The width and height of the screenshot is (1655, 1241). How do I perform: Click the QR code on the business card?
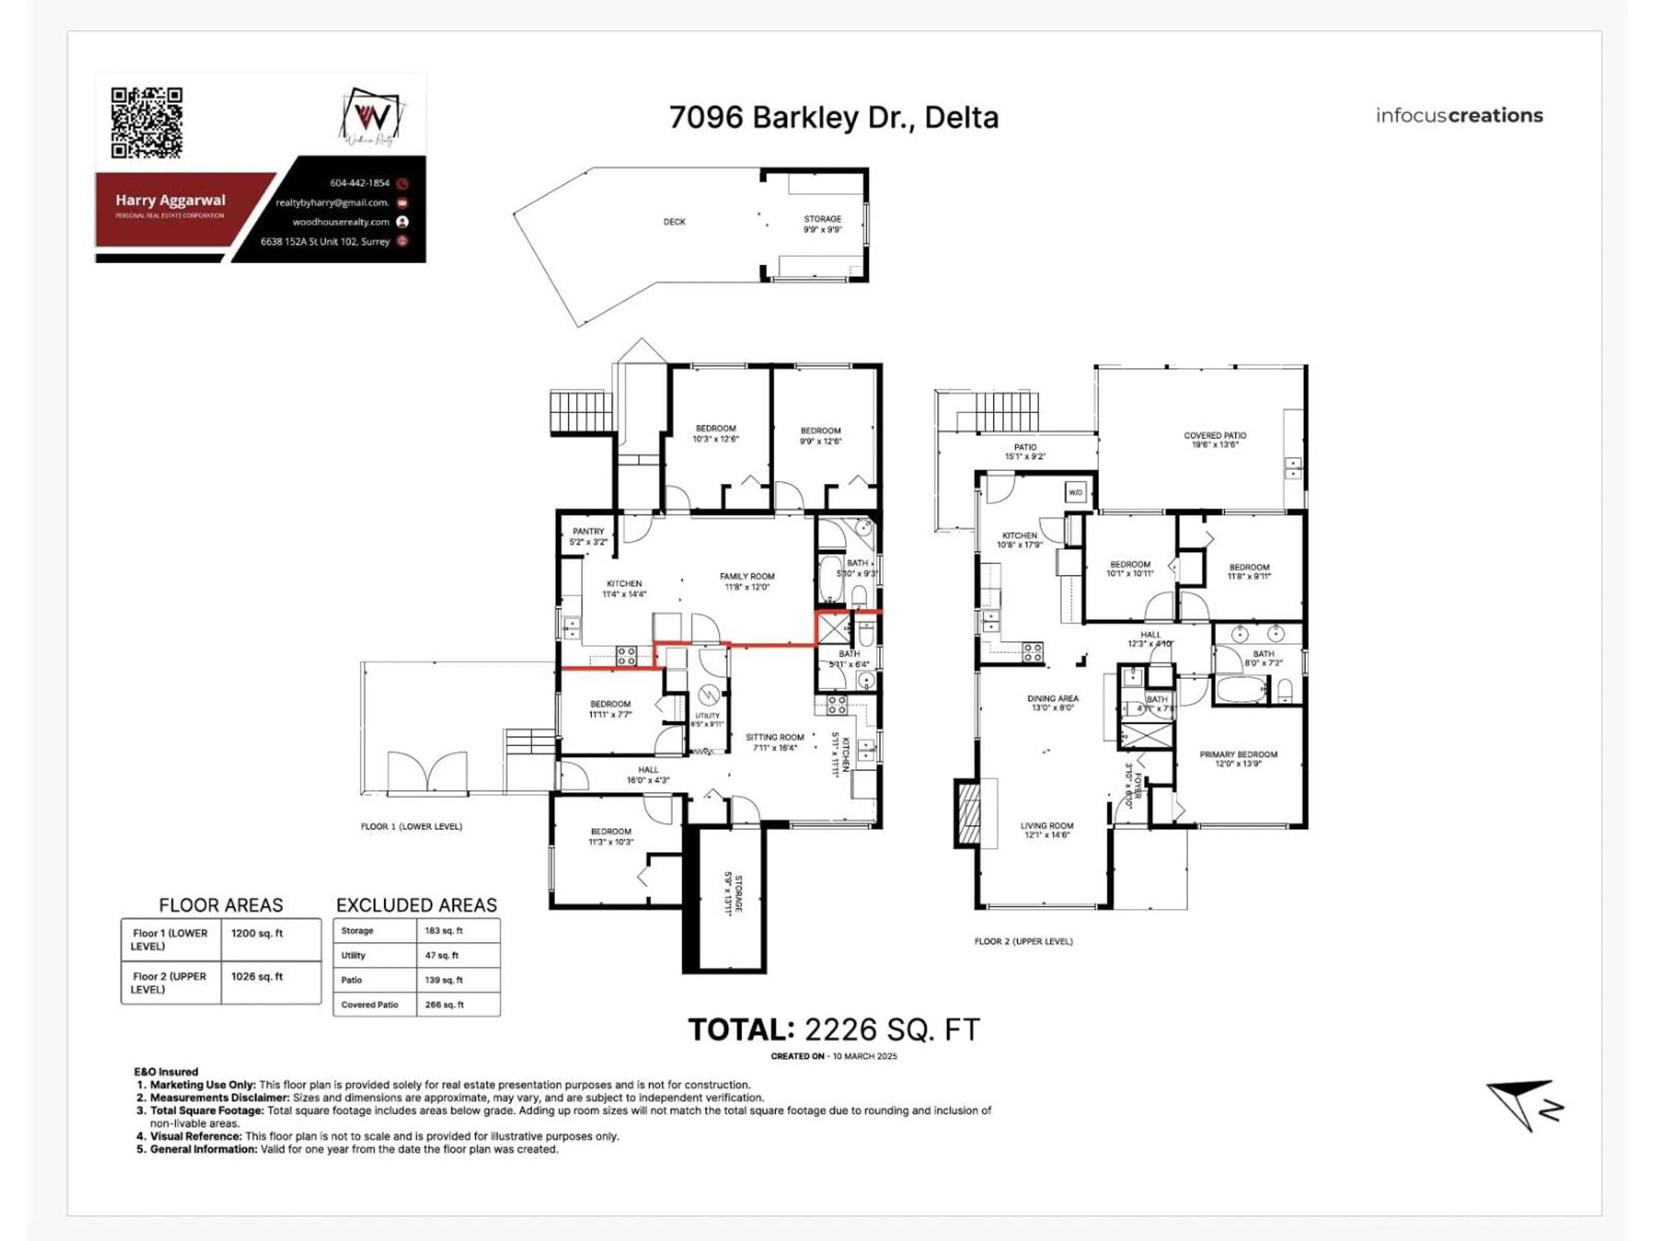tap(147, 123)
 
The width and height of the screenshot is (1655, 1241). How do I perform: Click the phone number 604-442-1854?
tap(360, 183)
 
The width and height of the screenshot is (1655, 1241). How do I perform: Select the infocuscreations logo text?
tap(1459, 115)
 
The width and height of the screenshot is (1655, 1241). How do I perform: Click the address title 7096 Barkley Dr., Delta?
tap(834, 118)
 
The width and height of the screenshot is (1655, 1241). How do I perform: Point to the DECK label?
tap(674, 221)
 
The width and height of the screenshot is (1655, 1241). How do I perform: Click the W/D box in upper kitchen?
tap(1075, 492)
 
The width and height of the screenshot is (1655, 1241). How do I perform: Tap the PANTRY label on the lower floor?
tap(588, 532)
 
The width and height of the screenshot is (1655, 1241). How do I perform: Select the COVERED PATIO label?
tap(1215, 435)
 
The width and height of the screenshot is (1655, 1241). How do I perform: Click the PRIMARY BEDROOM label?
tap(1238, 755)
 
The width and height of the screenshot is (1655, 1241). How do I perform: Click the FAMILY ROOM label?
tap(747, 577)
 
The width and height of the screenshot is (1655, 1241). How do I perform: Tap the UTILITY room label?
tap(707, 716)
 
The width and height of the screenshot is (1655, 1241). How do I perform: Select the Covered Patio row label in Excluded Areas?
tap(370, 1004)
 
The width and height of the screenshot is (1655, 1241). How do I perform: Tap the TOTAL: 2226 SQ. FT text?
tap(834, 1030)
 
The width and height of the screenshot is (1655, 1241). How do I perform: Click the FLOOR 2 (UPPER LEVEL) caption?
tap(1023, 941)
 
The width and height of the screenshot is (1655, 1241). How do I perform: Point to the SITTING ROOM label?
tap(774, 737)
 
